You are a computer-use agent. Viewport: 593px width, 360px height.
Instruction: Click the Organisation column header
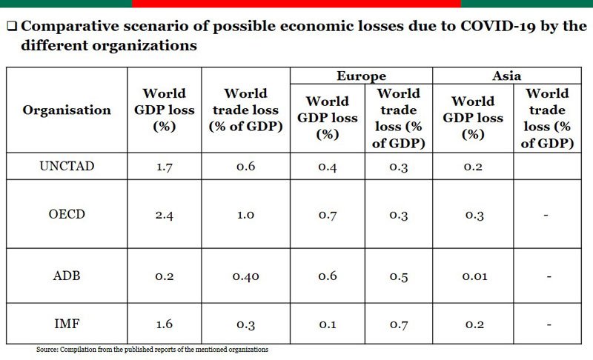[x=67, y=110]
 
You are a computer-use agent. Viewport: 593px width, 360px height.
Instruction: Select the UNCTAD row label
[x=67, y=167]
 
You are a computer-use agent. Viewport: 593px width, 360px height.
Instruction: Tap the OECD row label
[x=67, y=215]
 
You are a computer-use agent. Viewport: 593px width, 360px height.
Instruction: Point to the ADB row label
[x=67, y=276]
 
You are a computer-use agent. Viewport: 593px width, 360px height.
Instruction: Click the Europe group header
[x=361, y=76]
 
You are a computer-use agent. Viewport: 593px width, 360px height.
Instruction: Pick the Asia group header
[x=507, y=76]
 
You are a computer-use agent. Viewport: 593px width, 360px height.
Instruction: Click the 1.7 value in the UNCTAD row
[x=164, y=167]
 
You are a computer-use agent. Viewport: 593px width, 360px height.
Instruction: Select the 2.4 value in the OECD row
[x=164, y=215]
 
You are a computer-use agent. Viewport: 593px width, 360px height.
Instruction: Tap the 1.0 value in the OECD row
[x=245, y=215]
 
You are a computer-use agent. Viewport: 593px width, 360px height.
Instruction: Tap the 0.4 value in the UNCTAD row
[x=327, y=167]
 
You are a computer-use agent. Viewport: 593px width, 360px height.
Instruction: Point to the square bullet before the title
[x=13, y=27]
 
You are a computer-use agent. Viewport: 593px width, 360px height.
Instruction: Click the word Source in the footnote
[x=47, y=349]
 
